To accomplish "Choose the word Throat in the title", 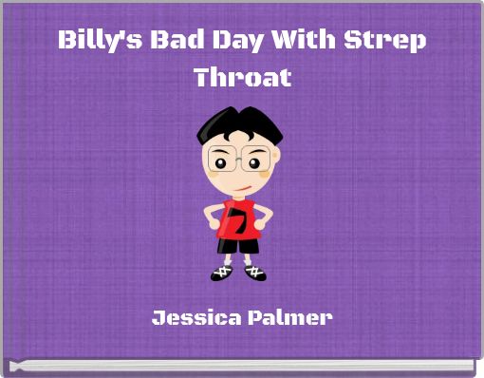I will click(242, 77).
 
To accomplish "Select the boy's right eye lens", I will click(256, 159).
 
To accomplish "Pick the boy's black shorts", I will click(238, 246).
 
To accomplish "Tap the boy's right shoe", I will click(254, 273).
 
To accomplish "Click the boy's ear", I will click(275, 156).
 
